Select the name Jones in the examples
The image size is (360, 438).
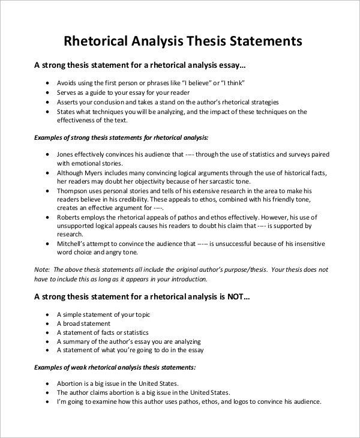click(x=67, y=154)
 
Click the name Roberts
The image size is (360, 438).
click(x=70, y=217)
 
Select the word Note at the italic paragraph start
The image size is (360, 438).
click(x=41, y=270)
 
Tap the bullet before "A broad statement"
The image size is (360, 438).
click(x=48, y=323)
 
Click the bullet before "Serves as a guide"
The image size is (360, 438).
click(x=48, y=93)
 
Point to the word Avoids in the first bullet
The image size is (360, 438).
click(x=67, y=83)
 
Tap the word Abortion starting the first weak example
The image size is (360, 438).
click(x=70, y=383)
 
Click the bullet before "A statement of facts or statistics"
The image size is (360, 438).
click(x=48, y=332)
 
